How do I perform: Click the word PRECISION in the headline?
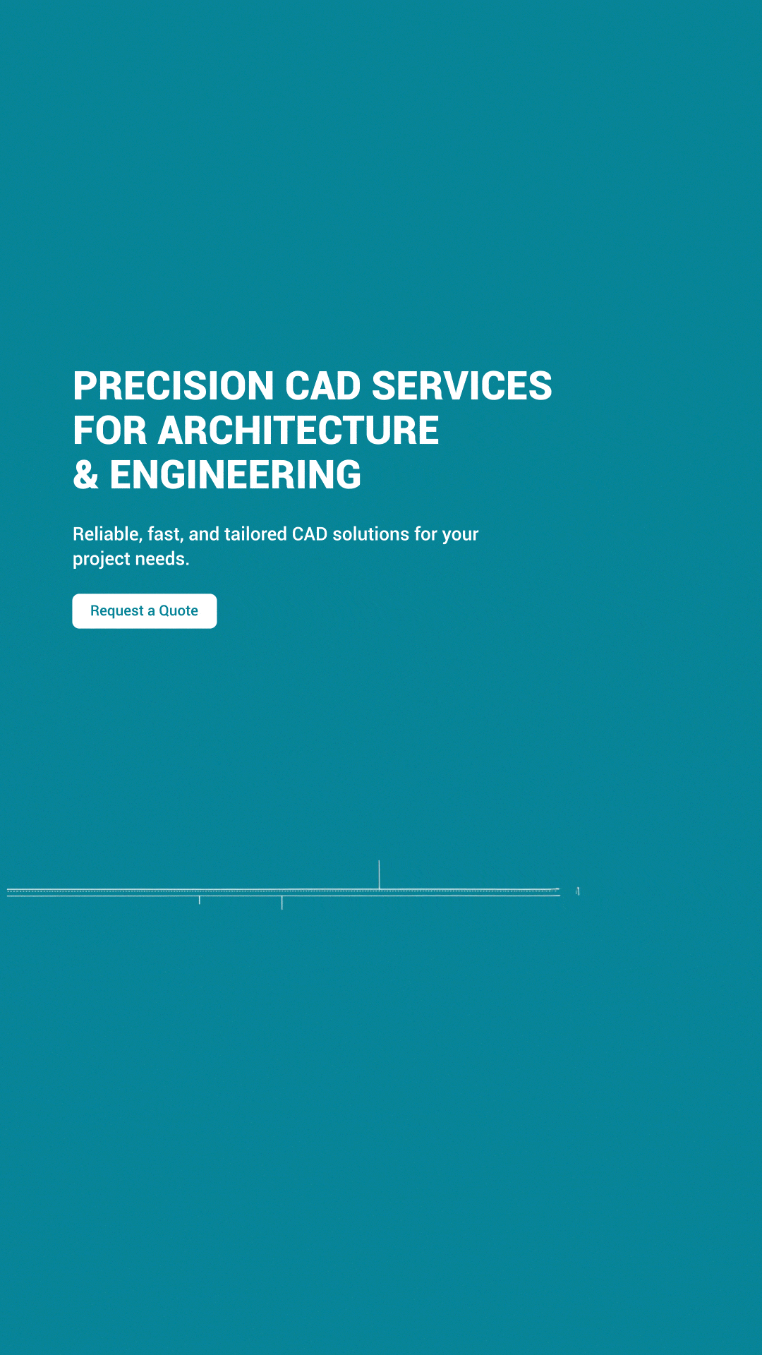pos(174,386)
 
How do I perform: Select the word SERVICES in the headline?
pos(461,386)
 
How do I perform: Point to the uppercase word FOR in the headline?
pos(110,430)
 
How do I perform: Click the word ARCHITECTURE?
pos(298,430)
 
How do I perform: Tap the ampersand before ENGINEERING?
pos(86,475)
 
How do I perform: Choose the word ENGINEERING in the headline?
pos(236,475)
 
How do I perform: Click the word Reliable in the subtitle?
pos(107,534)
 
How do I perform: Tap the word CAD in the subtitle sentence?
pos(310,534)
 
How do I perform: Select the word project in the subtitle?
pos(102,560)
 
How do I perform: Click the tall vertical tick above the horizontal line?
pos(379,874)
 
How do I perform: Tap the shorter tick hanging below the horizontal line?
pos(200,900)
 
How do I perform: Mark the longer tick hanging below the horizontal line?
pos(282,903)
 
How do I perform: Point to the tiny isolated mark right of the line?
pos(578,891)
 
